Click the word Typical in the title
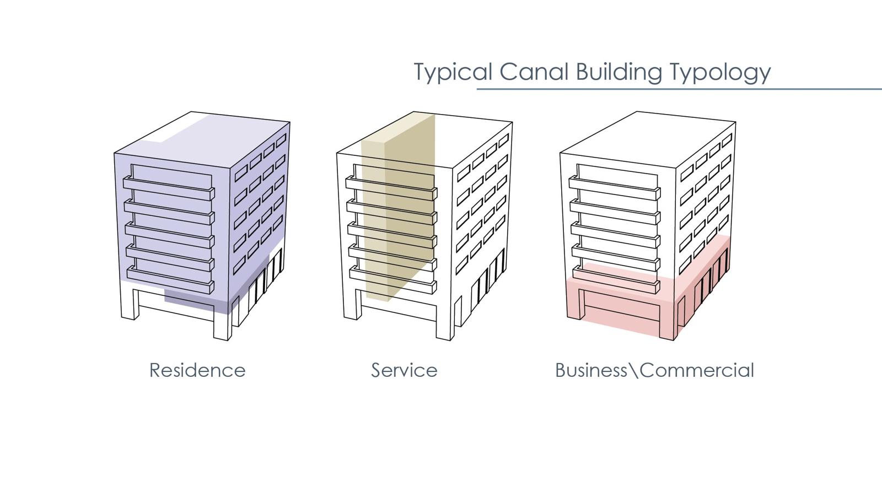pos(453,72)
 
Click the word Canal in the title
pos(534,72)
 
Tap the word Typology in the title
pos(720,72)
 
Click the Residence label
pos(197,370)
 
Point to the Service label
pos(405,370)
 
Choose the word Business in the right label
pos(591,370)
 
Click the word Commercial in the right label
pos(697,370)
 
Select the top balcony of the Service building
pos(391,188)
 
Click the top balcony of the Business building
pos(615,188)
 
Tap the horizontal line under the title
pos(679,89)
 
